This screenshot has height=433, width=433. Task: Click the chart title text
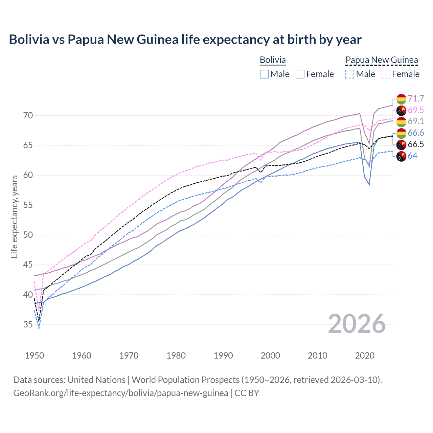point(185,40)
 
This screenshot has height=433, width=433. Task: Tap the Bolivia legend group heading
point(273,60)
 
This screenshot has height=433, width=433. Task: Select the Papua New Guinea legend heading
point(382,60)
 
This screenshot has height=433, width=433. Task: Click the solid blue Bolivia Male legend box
point(264,74)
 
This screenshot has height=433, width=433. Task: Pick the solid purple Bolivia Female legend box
point(300,74)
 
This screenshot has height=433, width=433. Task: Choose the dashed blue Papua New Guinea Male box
point(350,74)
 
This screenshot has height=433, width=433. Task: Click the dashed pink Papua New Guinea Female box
point(386,74)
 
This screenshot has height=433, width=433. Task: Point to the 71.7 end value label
point(416,98)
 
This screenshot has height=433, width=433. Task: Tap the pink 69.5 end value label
point(416,110)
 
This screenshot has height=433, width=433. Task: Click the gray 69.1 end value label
point(416,121)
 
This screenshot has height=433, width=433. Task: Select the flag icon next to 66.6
point(401,133)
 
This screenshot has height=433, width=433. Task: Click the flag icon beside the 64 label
point(401,156)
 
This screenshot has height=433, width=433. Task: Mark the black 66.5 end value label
point(416,144)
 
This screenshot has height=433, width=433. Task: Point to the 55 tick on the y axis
point(28,205)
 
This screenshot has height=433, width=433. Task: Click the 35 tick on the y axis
point(28,325)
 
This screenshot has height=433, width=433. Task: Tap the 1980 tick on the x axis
point(176,356)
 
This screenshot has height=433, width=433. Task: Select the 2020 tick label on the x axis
point(365,356)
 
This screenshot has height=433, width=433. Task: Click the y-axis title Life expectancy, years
point(14,216)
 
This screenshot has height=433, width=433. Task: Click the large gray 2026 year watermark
point(357,324)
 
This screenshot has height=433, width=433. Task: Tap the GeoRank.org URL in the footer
point(120,393)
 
